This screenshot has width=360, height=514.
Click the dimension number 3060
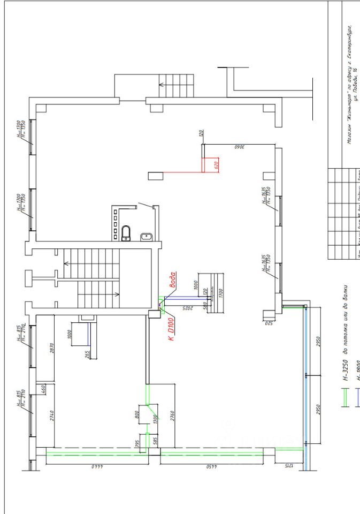(x=239, y=146)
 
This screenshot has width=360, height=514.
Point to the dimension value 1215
(x=287, y=466)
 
